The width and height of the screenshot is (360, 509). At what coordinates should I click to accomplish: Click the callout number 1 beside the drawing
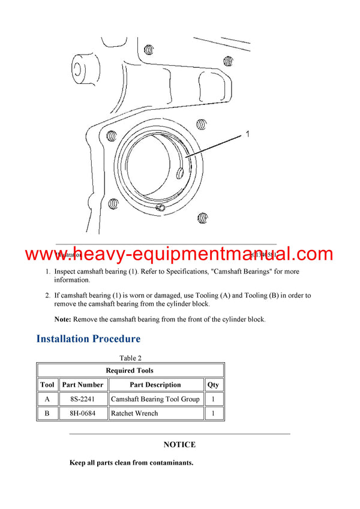pyautogui.click(x=247, y=135)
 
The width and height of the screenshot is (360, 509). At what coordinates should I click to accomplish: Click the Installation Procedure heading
pyautogui.click(x=88, y=339)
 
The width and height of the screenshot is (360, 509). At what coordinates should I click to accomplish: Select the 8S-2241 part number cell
pyautogui.click(x=82, y=399)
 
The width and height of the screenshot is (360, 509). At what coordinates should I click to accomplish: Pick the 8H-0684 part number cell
pyautogui.click(x=82, y=413)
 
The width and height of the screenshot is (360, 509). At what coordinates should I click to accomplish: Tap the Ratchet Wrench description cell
pyautogui.click(x=135, y=413)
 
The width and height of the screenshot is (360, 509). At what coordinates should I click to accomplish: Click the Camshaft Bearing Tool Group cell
pyautogui.click(x=155, y=399)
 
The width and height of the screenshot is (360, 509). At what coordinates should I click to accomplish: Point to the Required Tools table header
pyautogui.click(x=130, y=371)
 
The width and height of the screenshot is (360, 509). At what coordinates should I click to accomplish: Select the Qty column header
pyautogui.click(x=213, y=385)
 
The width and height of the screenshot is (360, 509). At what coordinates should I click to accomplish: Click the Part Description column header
pyautogui.click(x=155, y=385)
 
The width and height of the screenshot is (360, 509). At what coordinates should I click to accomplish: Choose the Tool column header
pyautogui.click(x=47, y=385)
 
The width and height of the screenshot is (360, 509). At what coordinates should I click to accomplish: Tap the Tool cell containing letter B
pyautogui.click(x=47, y=413)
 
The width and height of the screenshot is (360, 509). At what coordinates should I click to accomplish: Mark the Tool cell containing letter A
pyautogui.click(x=47, y=399)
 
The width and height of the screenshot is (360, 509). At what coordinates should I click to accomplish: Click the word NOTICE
pyautogui.click(x=179, y=445)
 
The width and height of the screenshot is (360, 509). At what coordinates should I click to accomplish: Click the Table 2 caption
pyautogui.click(x=130, y=358)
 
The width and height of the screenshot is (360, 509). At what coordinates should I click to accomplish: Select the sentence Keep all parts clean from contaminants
pyautogui.click(x=131, y=463)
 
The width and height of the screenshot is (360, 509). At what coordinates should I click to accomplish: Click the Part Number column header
pyautogui.click(x=82, y=385)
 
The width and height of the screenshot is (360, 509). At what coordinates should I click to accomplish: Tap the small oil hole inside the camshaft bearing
pyautogui.click(x=181, y=173)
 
